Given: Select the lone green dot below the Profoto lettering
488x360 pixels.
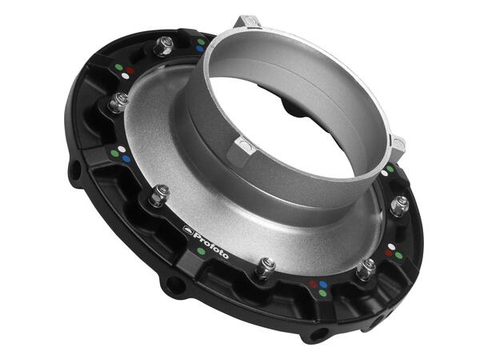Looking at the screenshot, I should point(200,252).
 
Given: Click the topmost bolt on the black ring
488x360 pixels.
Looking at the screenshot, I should point(163,46).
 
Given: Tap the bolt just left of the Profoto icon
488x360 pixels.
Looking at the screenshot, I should point(158,194).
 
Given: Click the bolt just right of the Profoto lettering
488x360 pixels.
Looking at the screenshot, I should point(265,268).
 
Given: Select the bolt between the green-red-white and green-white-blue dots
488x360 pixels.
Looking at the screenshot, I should point(118,102).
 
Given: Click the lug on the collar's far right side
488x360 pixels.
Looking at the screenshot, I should point(397,144).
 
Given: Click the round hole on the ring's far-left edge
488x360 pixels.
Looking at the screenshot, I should point(74,171).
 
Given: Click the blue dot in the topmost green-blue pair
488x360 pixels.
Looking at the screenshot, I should point(199,48).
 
